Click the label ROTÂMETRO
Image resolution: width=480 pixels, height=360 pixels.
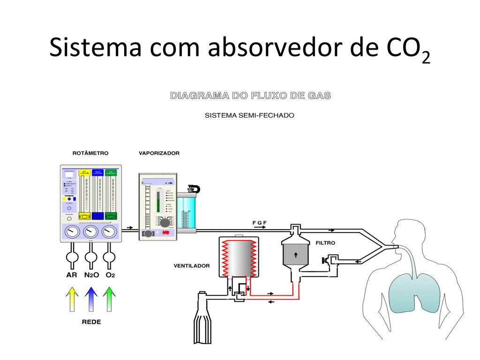(x=90, y=153)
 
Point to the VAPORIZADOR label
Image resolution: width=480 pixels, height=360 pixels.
(x=159, y=153)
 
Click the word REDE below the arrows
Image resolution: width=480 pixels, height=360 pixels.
(x=91, y=322)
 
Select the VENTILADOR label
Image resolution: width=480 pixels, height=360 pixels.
(x=192, y=266)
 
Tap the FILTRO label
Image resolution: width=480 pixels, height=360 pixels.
(x=325, y=243)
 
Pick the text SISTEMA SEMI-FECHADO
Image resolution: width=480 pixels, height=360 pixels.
(x=249, y=115)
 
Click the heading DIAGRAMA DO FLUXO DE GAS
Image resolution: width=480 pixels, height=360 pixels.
(x=250, y=96)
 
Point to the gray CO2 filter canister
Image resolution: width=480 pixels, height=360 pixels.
(x=296, y=253)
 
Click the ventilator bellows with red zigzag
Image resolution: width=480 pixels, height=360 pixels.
(x=238, y=258)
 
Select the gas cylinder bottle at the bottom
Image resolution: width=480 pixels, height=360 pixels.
(x=202, y=323)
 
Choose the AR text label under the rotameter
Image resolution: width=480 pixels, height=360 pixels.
(x=71, y=275)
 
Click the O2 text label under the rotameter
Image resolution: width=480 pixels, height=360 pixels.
(x=110, y=275)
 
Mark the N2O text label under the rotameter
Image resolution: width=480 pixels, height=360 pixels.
(x=91, y=275)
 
